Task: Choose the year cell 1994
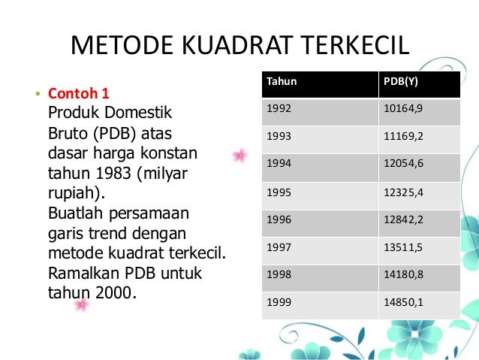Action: (x=279, y=164)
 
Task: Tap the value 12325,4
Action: (x=403, y=192)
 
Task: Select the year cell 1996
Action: (x=279, y=219)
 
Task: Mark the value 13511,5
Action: (x=403, y=247)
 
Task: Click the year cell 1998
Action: (x=279, y=274)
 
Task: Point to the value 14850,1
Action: (x=403, y=302)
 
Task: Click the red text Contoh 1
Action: (x=79, y=94)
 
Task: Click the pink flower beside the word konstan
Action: (x=240, y=156)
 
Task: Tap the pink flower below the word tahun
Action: (x=81, y=304)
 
